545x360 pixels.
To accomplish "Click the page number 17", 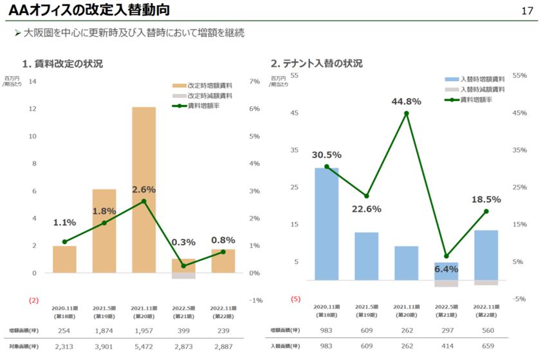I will pyautogui.click(x=528, y=11).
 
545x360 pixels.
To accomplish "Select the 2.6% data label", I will pyautogui.click(x=143, y=189).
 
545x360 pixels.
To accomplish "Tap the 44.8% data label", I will pyautogui.click(x=405, y=101).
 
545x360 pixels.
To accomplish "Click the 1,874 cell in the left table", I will pyautogui.click(x=104, y=331).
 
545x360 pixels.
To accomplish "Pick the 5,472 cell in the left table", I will pyautogui.click(x=144, y=346).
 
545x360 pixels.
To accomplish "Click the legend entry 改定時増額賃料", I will pyautogui.click(x=210, y=85).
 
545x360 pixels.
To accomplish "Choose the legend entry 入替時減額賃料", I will pyautogui.click(x=481, y=90).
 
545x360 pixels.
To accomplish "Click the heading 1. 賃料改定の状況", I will pyautogui.click(x=62, y=64).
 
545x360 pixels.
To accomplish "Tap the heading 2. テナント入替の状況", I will pyautogui.click(x=316, y=64).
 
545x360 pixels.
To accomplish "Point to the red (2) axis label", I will pyautogui.click(x=33, y=300).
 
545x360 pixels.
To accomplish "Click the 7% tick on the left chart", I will pyautogui.click(x=254, y=82).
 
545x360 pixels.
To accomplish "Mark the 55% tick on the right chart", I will pyautogui.click(x=519, y=75).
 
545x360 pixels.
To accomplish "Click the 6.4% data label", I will pyautogui.click(x=445, y=269).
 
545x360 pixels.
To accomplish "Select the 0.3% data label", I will pyautogui.click(x=183, y=242).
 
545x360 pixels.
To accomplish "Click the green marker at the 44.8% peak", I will pyautogui.click(x=406, y=113).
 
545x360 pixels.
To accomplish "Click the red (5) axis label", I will pyautogui.click(x=295, y=299).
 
